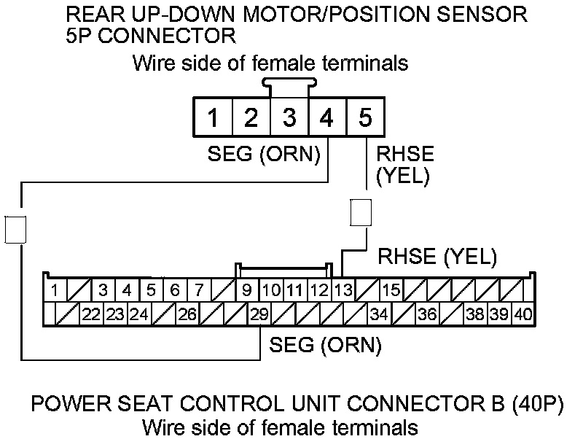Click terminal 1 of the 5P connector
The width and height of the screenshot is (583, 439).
point(213,118)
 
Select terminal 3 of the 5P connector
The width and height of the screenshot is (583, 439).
point(289,118)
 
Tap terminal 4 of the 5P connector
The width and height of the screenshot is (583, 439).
point(327,118)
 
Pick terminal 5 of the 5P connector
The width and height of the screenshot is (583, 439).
point(365,118)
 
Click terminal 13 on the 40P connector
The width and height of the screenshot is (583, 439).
point(343,290)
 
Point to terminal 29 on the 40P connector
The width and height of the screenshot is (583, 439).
point(259,316)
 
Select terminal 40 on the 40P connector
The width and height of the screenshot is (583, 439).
point(522,316)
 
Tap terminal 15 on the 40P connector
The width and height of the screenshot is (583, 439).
point(391,290)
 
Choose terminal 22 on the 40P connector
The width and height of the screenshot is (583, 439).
point(91,316)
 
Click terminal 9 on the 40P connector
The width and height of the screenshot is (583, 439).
point(247,290)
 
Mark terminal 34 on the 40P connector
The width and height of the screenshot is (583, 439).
point(379,316)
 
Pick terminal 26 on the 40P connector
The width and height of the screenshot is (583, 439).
point(187,316)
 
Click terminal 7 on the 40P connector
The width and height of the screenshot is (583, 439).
point(199,290)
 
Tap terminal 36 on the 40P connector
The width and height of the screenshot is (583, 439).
point(427,316)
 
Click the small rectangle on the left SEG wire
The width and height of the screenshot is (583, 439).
point(15,228)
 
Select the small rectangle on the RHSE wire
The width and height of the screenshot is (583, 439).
point(361,211)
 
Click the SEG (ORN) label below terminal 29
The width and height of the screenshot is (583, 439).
point(325,345)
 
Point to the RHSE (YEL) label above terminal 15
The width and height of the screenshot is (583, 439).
point(437,256)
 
